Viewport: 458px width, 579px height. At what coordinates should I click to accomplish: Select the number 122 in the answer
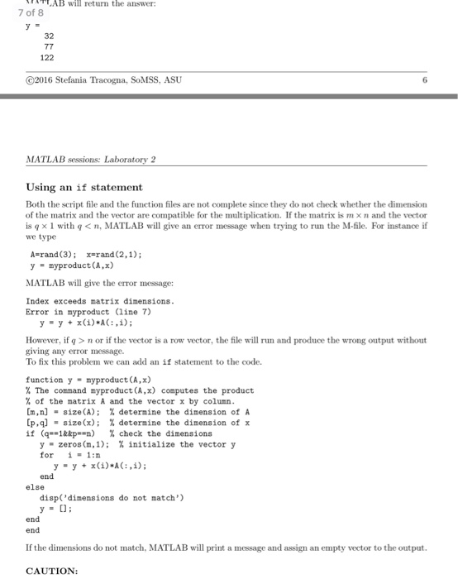47,58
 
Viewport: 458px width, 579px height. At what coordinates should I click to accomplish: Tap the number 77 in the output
47,48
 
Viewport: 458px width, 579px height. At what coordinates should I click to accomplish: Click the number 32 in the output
47,37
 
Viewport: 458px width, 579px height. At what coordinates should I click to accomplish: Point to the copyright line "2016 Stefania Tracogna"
103,80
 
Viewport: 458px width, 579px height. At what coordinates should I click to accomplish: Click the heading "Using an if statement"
84,188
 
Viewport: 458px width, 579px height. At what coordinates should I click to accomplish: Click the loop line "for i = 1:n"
70,454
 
